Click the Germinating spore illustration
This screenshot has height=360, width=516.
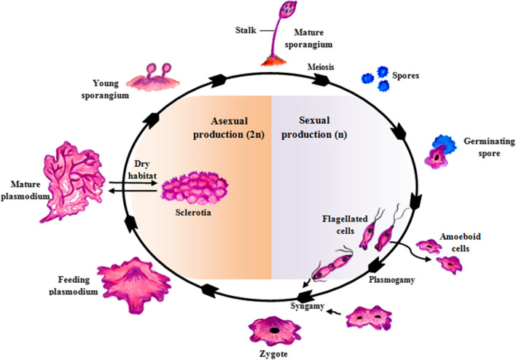pyautogui.click(x=441, y=152)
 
